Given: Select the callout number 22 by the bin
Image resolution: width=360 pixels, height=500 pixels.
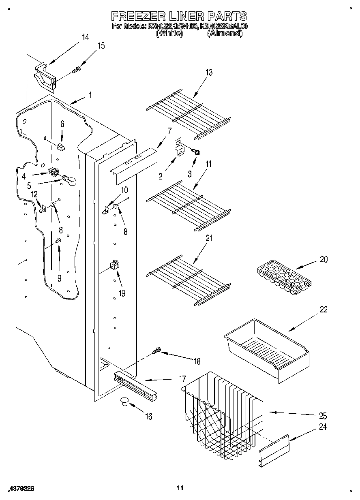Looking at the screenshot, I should pos(324,310).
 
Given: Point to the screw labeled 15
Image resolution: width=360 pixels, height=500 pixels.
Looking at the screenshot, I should pos(76,71).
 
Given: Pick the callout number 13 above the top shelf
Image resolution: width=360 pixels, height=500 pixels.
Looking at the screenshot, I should pos(209,73).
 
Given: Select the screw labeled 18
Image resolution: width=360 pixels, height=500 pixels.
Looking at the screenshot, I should pos(156,351).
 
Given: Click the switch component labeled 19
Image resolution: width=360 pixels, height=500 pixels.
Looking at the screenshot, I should pos(114,265).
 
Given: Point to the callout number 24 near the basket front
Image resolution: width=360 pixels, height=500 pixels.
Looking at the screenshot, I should pos(323,427).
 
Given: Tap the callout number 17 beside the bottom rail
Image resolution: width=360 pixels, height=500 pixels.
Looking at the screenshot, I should pos(182,379).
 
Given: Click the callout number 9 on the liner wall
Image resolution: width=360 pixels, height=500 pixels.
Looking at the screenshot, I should pos(59,278).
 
